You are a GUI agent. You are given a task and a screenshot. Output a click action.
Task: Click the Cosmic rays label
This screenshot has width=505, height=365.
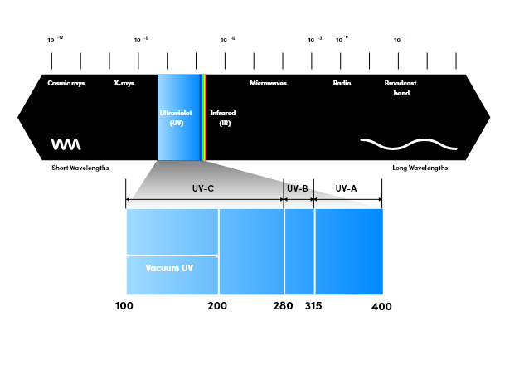tap(66, 84)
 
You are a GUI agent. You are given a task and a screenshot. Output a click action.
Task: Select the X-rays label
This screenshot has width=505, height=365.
tap(124, 84)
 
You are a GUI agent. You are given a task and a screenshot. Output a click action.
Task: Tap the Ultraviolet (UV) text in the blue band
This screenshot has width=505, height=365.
tap(176, 118)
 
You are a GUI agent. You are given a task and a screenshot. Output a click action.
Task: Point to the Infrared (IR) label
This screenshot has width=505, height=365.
tap(223, 118)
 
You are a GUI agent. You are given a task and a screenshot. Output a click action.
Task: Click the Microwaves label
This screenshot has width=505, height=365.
tap(268, 84)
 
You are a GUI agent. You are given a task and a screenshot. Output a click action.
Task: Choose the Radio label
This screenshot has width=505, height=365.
tap(342, 84)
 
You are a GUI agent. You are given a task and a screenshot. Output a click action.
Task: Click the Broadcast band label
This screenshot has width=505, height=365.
tap(401, 88)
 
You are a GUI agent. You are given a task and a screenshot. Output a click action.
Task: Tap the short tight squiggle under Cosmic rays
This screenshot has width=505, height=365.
tap(66, 144)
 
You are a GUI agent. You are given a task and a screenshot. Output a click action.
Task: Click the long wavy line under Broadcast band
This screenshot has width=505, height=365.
tap(408, 144)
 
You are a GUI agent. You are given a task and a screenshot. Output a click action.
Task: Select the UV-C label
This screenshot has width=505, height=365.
tap(203, 189)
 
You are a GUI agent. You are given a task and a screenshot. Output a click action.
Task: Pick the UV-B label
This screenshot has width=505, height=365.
tap(297, 189)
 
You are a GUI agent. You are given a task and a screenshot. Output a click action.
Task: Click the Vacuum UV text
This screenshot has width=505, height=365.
tap(169, 269)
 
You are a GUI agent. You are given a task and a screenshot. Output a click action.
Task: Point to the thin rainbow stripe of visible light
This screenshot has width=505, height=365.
tap(203, 116)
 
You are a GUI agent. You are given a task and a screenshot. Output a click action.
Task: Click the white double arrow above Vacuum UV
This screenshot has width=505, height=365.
tap(172, 256)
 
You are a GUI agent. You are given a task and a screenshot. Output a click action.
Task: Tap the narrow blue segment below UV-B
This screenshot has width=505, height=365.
tap(299, 251)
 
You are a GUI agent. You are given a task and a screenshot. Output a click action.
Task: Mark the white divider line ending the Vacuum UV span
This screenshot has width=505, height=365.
tap(219, 251)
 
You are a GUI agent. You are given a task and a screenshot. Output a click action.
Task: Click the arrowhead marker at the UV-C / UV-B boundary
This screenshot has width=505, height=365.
tap(284, 200)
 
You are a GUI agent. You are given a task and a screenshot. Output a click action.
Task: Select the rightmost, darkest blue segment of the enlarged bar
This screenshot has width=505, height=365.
tap(348, 251)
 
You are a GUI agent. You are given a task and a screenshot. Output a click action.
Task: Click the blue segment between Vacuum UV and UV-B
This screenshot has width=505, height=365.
tap(251, 251)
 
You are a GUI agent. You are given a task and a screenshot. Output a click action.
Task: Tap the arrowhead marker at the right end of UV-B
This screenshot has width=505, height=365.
tap(313, 200)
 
